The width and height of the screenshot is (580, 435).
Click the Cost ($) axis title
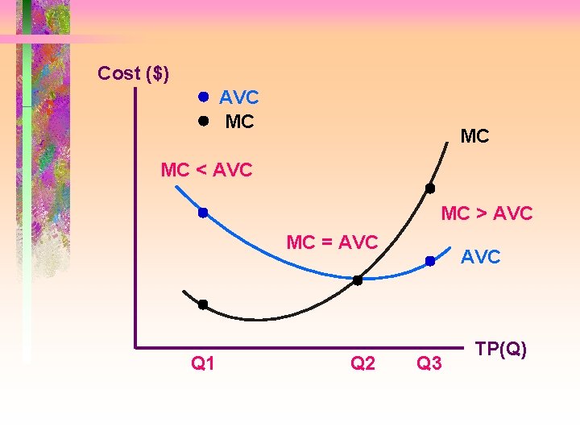click(133, 73)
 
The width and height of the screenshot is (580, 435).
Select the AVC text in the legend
click(238, 98)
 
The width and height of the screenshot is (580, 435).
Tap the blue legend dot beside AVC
click(204, 97)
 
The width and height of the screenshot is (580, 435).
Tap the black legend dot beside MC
click(204, 122)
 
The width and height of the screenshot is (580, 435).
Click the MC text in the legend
click(239, 122)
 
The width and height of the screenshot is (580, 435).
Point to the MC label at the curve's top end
click(474, 137)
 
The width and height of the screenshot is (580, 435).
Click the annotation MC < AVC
click(206, 170)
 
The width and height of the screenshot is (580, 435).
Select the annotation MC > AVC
click(487, 213)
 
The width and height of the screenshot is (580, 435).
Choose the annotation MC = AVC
click(333, 242)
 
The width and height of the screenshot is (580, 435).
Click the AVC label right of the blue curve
click(480, 257)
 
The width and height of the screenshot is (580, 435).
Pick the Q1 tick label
click(203, 364)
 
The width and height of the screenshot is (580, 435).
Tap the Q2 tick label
click(363, 364)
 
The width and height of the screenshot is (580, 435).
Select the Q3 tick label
click(429, 364)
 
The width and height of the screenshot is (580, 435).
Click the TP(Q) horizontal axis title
click(501, 349)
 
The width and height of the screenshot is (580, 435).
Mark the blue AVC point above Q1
click(204, 213)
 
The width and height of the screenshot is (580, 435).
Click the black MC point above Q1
click(203, 304)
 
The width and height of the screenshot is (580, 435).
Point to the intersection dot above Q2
click(358, 280)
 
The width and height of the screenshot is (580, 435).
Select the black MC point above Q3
click(430, 188)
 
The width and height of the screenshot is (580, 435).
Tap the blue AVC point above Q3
click(430, 261)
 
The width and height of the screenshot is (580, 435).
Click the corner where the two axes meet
click(136, 348)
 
